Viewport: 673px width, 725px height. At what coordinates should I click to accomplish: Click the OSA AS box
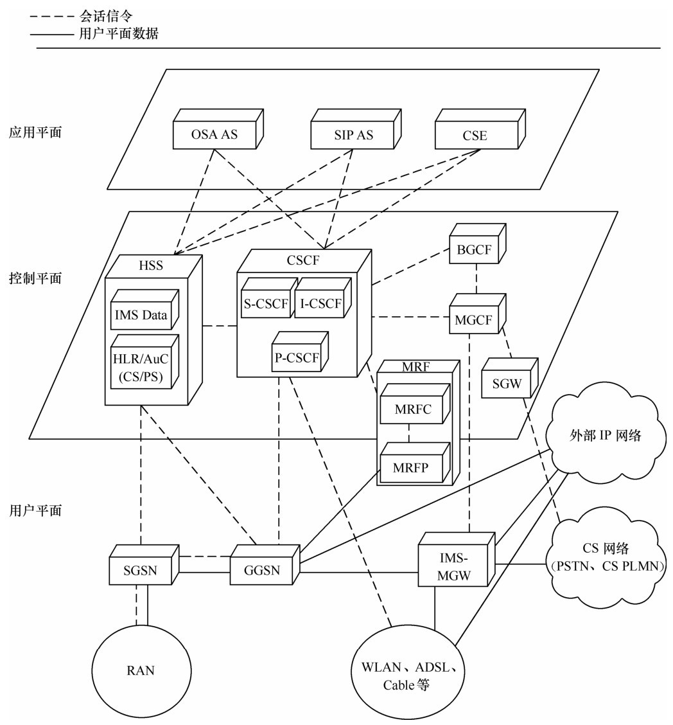[214, 135]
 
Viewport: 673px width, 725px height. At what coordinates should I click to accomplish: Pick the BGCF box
[475, 250]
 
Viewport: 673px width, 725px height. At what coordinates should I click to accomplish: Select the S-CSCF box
[266, 304]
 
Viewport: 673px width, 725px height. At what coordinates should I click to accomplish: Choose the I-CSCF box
[320, 304]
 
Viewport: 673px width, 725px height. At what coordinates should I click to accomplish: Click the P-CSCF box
[297, 359]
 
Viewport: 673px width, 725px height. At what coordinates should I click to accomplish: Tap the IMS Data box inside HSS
[141, 315]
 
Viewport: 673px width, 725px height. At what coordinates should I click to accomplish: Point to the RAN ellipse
[141, 670]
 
